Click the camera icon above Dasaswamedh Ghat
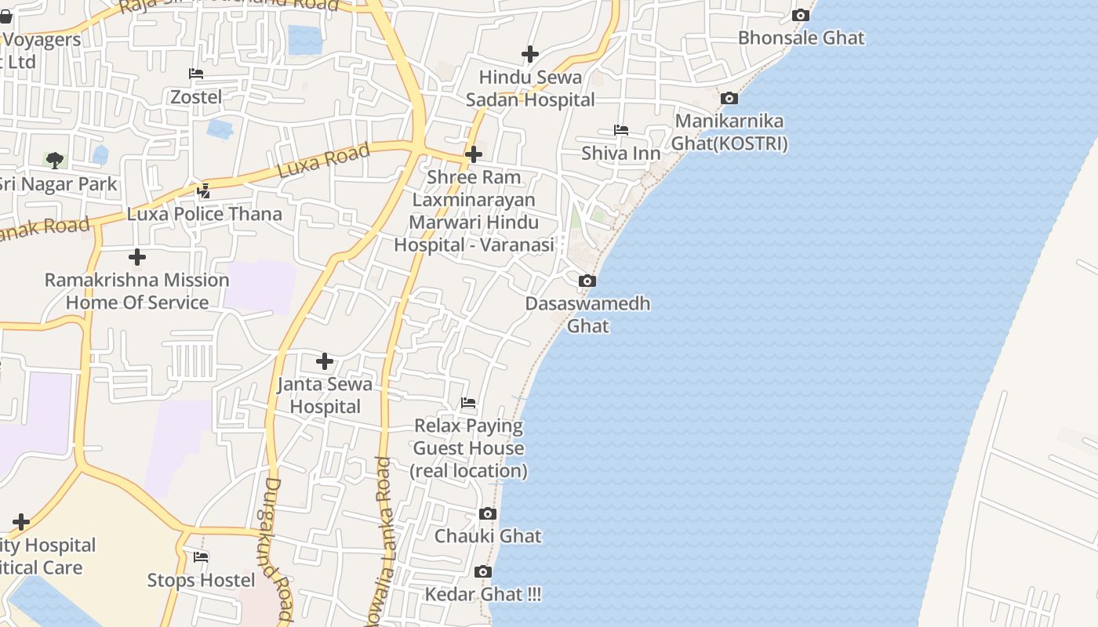click(x=587, y=281)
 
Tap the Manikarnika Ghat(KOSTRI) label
click(x=729, y=132)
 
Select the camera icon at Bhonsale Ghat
click(x=800, y=15)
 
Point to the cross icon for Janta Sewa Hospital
click(x=325, y=361)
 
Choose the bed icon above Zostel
click(x=196, y=74)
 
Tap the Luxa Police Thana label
click(x=204, y=214)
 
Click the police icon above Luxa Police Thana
click(x=203, y=190)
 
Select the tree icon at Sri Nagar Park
click(x=55, y=161)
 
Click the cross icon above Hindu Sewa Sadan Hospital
click(x=530, y=54)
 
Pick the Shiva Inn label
click(x=620, y=153)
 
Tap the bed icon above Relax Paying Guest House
click(x=468, y=403)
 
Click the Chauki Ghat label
click(x=488, y=536)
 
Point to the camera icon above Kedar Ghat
click(x=483, y=571)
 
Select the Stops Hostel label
click(x=202, y=580)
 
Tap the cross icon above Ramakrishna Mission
click(x=137, y=256)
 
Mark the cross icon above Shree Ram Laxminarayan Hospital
click(x=473, y=154)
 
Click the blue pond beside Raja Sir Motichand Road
click(x=305, y=40)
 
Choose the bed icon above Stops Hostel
click(x=201, y=557)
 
